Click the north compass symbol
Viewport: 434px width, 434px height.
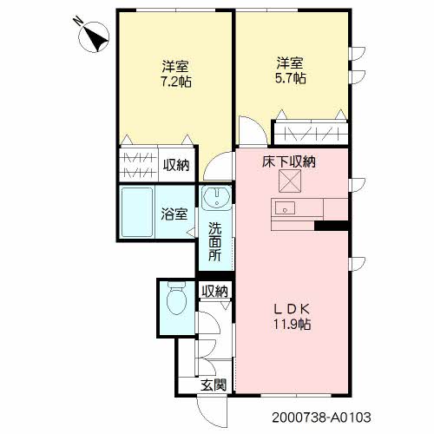[94, 37]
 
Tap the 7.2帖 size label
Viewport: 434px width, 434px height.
[176, 82]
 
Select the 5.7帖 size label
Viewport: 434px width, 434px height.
[290, 78]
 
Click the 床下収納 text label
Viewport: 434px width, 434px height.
[289, 161]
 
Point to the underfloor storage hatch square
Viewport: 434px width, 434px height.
[290, 181]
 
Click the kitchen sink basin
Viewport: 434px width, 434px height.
[285, 207]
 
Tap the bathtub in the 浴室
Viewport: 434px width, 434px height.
[137, 212]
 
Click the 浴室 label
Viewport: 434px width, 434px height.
[174, 214]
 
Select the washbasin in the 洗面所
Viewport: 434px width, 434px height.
[217, 197]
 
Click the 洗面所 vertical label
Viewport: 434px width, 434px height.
[215, 241]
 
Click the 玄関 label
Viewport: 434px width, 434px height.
[214, 385]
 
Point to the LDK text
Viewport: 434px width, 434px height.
[293, 310]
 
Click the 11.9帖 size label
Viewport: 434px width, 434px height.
[293, 324]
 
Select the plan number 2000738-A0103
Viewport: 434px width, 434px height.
[321, 418]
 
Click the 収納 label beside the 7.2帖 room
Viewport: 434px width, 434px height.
[176, 165]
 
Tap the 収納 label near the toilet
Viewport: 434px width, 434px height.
[215, 292]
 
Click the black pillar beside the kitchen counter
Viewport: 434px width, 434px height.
[331, 226]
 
